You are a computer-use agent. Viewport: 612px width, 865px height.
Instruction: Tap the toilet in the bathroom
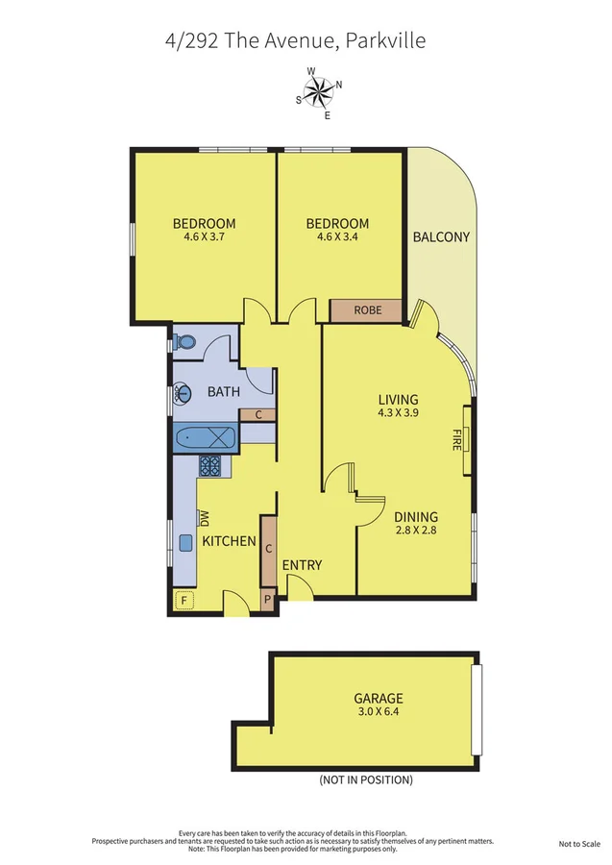coord(184,342)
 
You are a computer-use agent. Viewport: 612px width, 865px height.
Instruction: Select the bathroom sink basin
coord(183,393)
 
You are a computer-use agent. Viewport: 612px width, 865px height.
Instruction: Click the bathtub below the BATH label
coord(206,438)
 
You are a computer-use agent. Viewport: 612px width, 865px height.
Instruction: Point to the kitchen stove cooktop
coord(209,466)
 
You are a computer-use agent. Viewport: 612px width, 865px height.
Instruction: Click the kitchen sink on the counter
coord(185,543)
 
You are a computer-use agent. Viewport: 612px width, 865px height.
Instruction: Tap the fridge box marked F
coord(184,600)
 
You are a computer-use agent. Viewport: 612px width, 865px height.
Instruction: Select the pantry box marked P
coord(268,600)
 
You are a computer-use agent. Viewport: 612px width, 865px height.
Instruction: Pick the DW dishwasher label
coord(205,517)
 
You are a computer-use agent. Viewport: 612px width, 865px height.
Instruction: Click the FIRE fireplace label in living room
coord(456,439)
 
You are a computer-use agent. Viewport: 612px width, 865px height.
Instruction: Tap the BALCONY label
coord(441,237)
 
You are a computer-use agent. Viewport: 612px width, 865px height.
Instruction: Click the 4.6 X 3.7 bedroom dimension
coord(204,237)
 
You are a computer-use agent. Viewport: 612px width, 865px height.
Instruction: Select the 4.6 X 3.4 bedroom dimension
coord(337,237)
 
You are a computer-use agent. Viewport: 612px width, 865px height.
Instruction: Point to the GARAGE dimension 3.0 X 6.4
coord(379,711)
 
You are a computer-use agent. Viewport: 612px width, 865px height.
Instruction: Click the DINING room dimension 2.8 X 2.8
coord(416,531)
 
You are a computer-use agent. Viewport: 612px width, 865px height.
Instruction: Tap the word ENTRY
coord(302,565)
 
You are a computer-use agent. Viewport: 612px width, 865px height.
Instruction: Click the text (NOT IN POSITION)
coord(366,780)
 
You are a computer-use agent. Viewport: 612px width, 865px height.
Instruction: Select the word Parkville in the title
coord(385,41)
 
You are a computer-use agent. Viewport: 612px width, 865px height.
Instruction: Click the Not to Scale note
coord(579,844)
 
